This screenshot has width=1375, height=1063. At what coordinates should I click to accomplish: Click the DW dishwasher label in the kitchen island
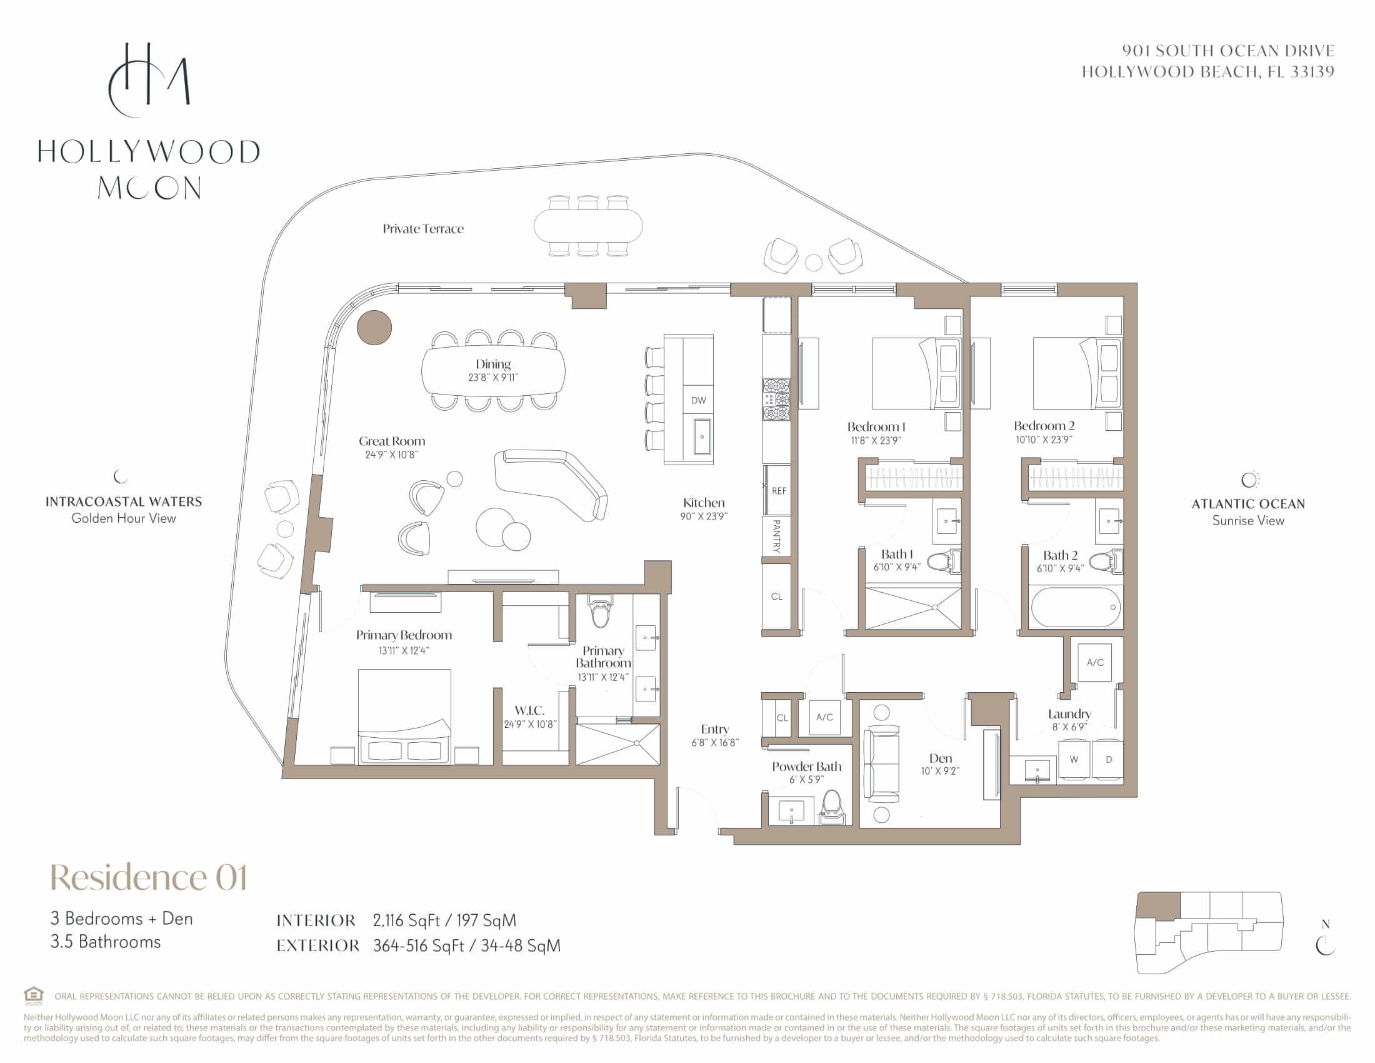click(698, 401)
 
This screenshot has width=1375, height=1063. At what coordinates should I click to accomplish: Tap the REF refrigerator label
click(779, 491)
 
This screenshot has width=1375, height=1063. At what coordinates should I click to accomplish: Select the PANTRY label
click(776, 536)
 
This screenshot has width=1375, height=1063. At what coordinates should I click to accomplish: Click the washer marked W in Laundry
click(1073, 760)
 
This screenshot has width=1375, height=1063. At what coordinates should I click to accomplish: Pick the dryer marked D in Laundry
click(1109, 760)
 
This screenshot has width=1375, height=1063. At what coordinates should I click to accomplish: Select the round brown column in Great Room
click(374, 328)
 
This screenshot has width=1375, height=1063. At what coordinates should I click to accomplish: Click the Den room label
click(940, 758)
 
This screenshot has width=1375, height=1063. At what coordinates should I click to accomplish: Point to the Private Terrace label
click(423, 229)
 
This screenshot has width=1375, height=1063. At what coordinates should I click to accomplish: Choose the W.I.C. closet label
click(529, 710)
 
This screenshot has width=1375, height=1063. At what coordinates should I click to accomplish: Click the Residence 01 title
click(149, 877)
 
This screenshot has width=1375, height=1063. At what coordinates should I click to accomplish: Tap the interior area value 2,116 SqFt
click(406, 920)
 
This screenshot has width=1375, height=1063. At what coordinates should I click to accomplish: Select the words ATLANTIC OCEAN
click(1249, 504)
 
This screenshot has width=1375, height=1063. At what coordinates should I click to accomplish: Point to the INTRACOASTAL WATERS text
click(123, 502)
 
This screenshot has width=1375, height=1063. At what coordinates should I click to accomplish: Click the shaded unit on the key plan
click(1158, 905)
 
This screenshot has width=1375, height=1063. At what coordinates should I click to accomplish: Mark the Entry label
click(714, 729)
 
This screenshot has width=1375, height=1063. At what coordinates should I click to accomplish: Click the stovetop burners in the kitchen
click(776, 400)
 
